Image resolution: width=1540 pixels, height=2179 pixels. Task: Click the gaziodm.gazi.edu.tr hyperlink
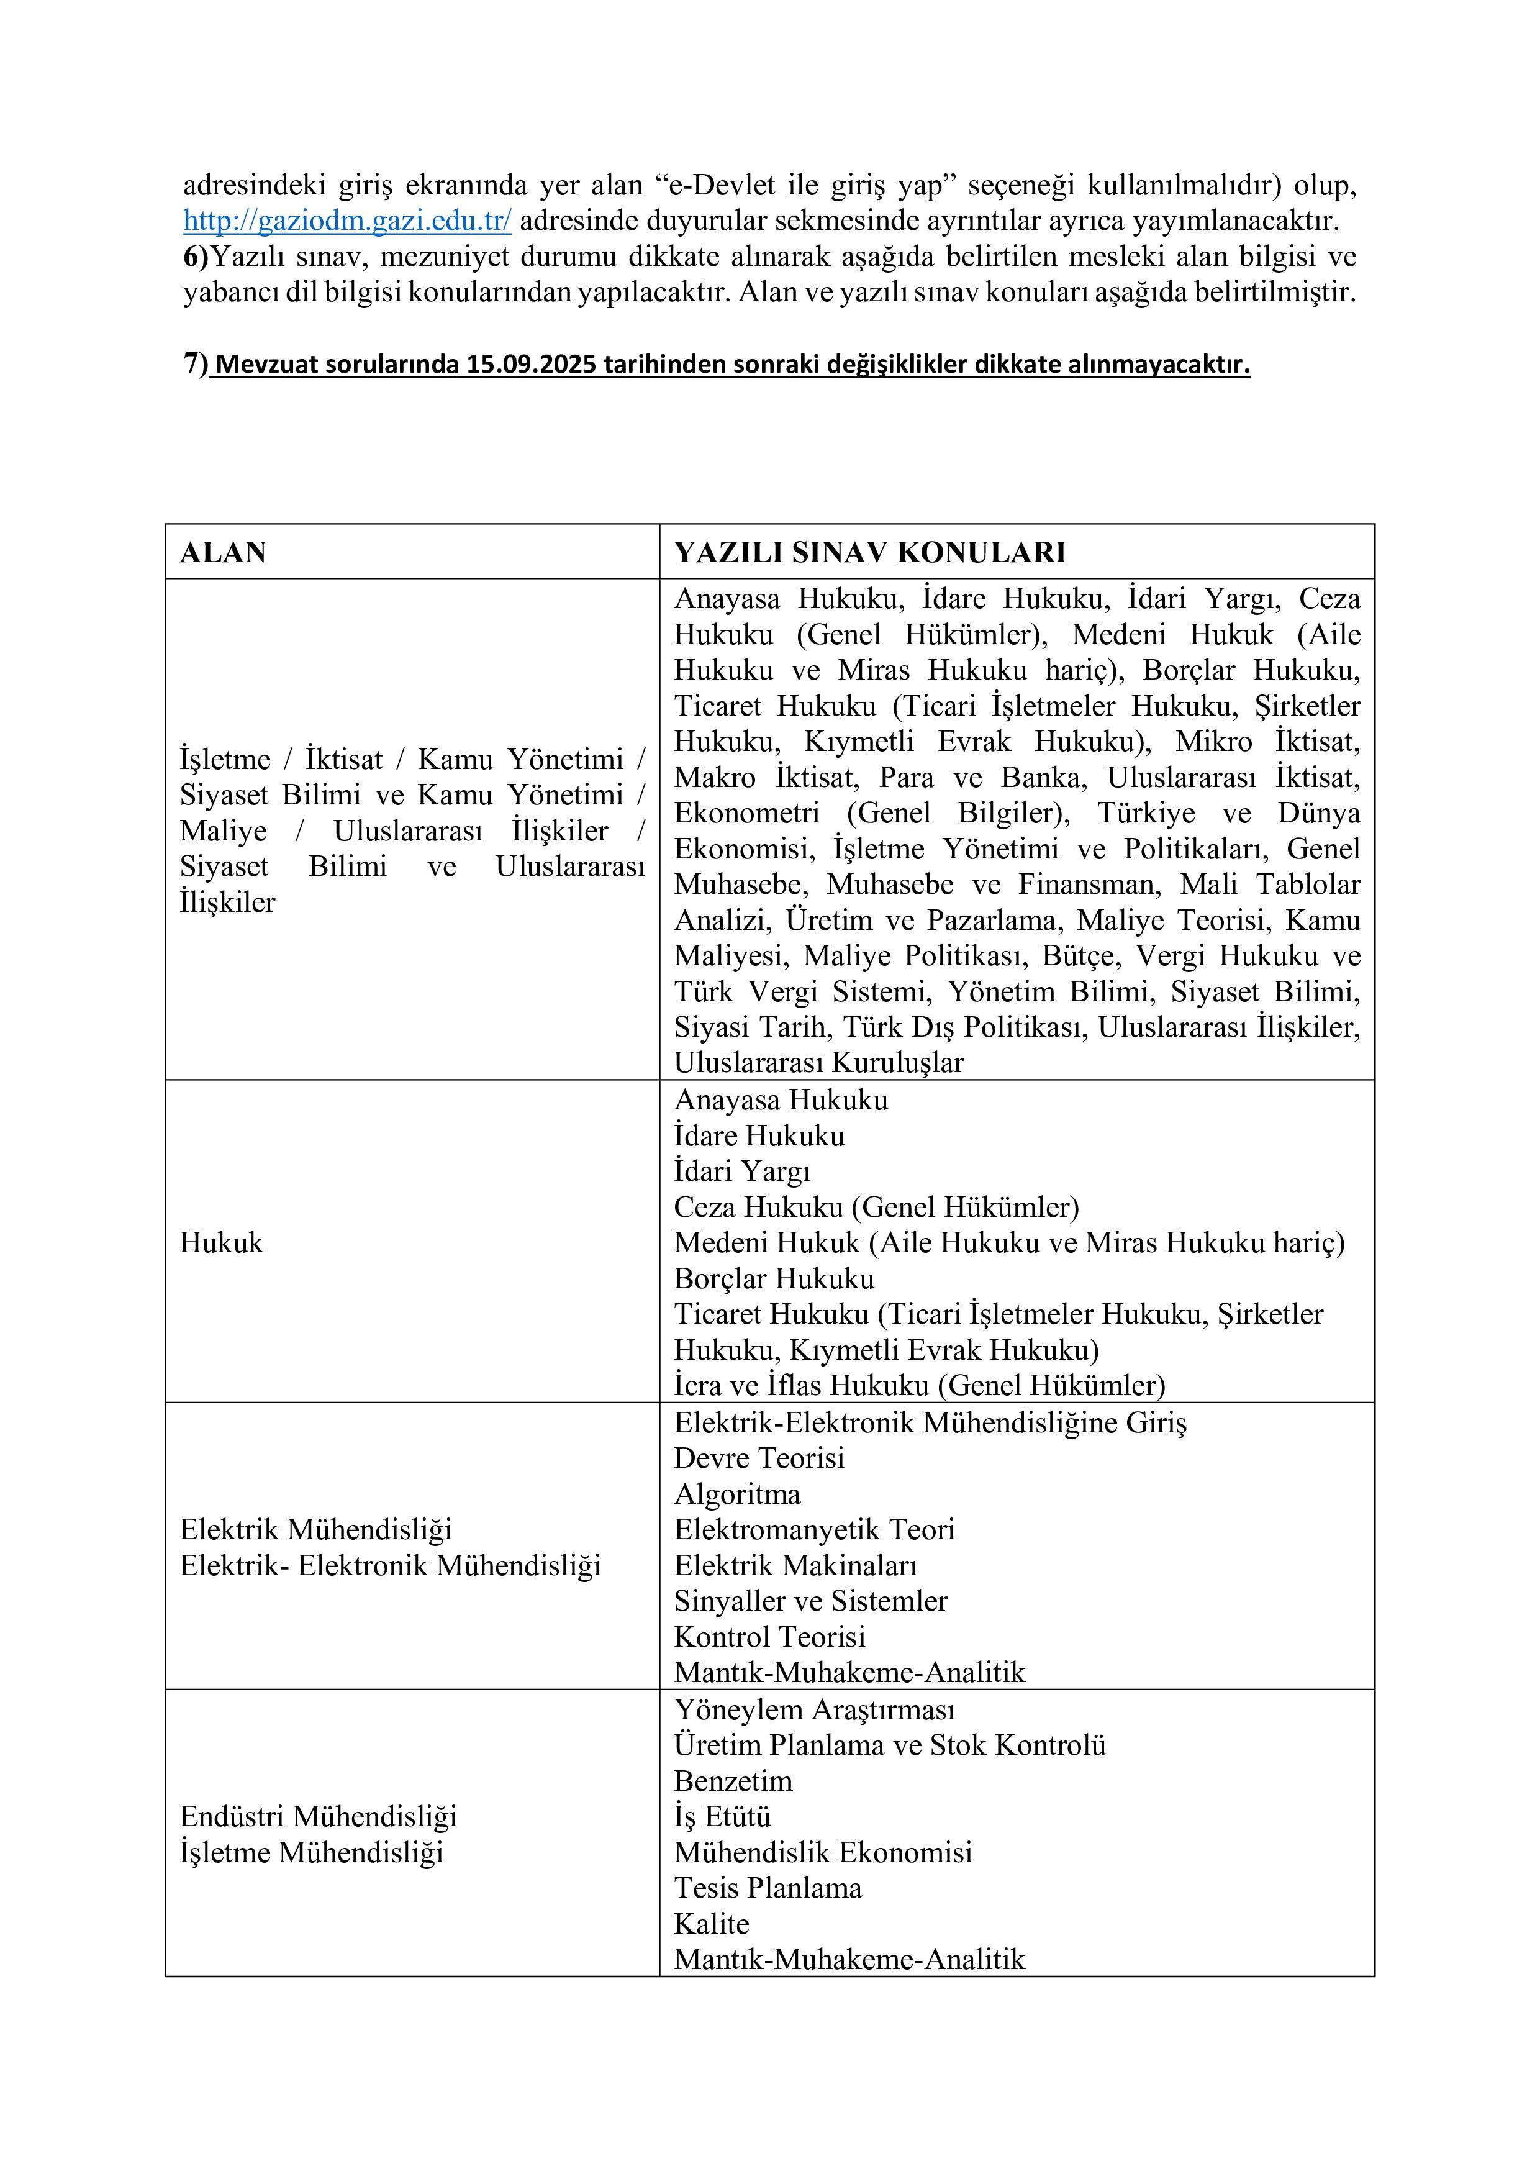pyautogui.click(x=347, y=221)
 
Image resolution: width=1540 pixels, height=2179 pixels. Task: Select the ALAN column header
pyautogui.click(x=223, y=552)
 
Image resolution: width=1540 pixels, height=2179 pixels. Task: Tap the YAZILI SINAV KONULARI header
pyautogui.click(x=870, y=552)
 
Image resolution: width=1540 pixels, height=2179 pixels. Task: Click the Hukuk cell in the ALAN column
pyautogui.click(x=221, y=1244)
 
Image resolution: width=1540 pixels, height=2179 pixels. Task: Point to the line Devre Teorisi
pyautogui.click(x=759, y=1458)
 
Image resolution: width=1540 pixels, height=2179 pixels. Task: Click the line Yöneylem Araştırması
pyautogui.click(x=814, y=1709)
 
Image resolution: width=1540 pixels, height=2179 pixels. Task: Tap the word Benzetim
pyautogui.click(x=733, y=1780)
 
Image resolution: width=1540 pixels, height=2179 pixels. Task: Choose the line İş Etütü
pyautogui.click(x=722, y=1816)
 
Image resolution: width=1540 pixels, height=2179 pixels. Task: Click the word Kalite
pyautogui.click(x=712, y=1924)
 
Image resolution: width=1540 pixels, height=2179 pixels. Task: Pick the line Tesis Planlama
pyautogui.click(x=768, y=1888)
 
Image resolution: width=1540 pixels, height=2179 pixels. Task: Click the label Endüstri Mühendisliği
pyautogui.click(x=318, y=1816)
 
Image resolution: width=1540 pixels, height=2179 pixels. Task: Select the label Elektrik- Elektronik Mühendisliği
pyautogui.click(x=391, y=1565)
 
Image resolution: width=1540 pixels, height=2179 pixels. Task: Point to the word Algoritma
pyautogui.click(x=737, y=1494)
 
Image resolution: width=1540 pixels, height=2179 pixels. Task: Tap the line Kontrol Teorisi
pyautogui.click(x=769, y=1636)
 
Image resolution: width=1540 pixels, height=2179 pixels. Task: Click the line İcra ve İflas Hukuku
pyautogui.click(x=918, y=1386)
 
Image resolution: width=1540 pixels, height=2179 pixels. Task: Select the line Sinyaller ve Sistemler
pyautogui.click(x=810, y=1601)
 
